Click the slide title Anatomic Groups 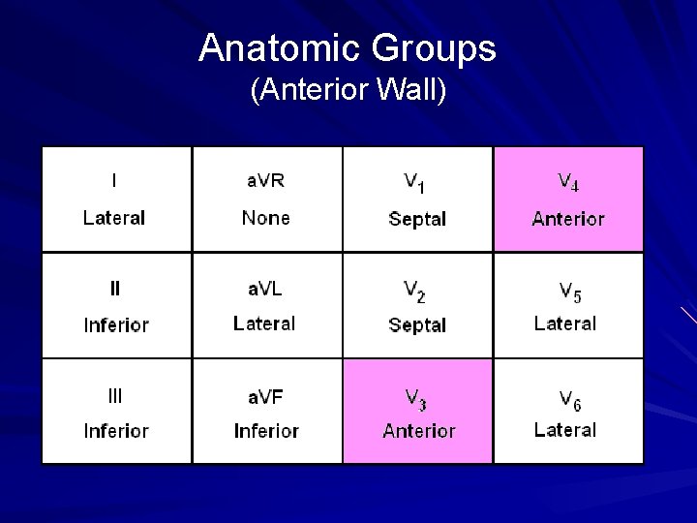click(x=348, y=47)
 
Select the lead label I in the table click(x=115, y=180)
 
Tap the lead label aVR click(x=265, y=180)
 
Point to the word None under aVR click(x=265, y=218)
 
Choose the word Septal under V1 click(x=417, y=219)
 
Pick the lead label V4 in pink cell click(x=568, y=182)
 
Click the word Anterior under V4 click(x=568, y=219)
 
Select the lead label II click(x=115, y=288)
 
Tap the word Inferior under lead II click(x=116, y=324)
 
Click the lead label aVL click(x=265, y=288)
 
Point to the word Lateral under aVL click(x=264, y=323)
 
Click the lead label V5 click(x=568, y=290)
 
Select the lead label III click(x=115, y=395)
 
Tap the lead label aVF click(x=265, y=395)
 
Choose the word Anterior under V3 click(x=418, y=431)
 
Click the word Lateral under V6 click(x=565, y=430)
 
